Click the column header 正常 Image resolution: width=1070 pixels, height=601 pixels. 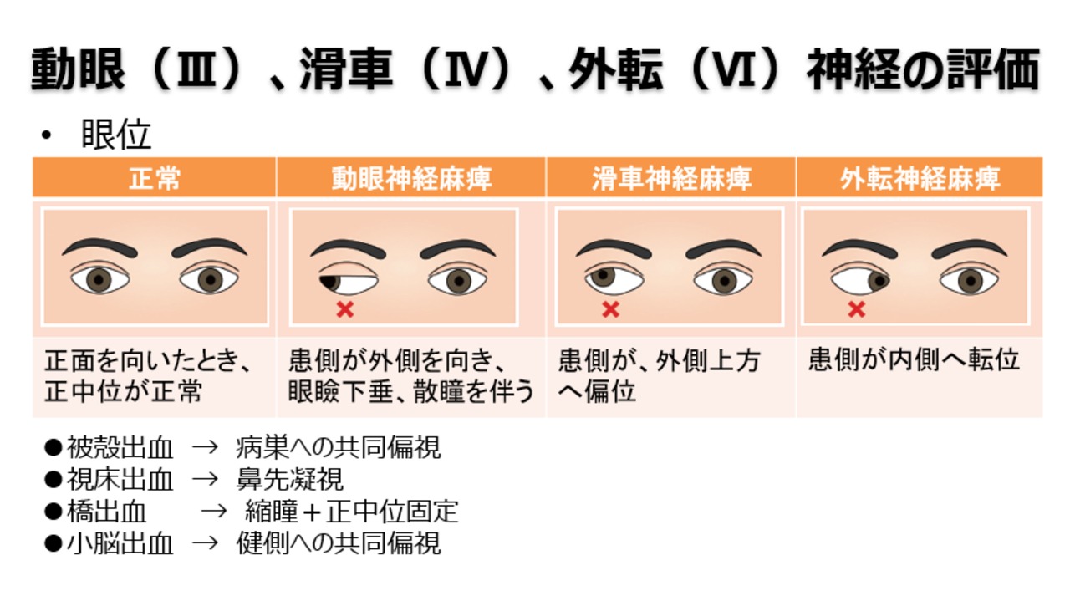(155, 178)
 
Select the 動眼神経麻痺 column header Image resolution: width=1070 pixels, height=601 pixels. (411, 178)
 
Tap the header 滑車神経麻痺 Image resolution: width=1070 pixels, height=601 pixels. (671, 178)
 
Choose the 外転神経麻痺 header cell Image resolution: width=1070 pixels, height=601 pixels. (920, 178)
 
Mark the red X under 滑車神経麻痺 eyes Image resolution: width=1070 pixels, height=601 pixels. (611, 309)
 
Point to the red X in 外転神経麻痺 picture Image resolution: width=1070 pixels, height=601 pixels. (856, 309)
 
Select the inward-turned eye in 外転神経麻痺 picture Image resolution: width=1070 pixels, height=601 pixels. (859, 278)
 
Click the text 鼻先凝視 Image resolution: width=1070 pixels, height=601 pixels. (289, 480)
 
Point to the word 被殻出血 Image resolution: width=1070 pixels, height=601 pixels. (120, 448)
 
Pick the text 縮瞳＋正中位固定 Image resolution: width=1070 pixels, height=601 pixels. (351, 512)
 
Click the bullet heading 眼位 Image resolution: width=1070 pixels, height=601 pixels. (115, 135)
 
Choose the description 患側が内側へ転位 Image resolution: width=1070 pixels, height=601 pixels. (915, 360)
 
